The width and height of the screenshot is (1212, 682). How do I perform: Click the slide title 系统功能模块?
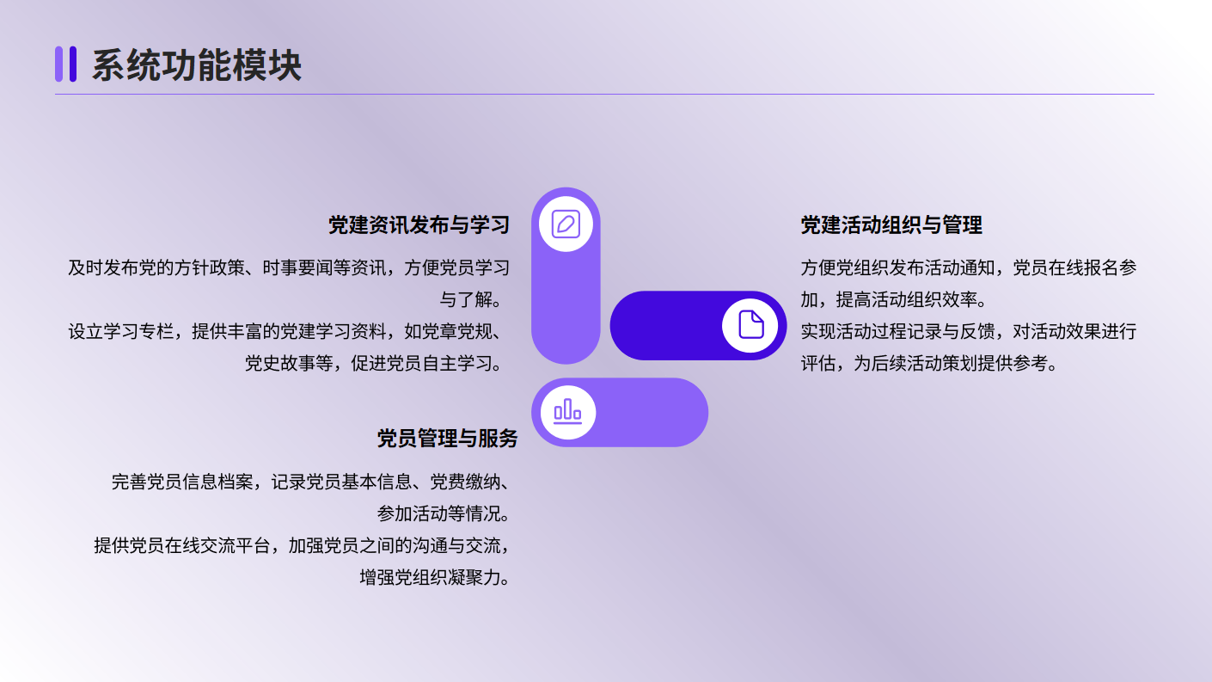point(196,65)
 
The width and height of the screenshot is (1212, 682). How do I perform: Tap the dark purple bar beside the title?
point(73,65)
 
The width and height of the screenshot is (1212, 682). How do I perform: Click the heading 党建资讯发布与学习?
point(419,225)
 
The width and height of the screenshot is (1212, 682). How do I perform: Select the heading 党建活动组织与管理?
point(891,225)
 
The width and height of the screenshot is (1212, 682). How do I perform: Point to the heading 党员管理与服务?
point(448,439)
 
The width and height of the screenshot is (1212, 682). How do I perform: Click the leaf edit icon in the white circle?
point(566,224)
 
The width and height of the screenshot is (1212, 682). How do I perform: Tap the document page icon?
point(751,325)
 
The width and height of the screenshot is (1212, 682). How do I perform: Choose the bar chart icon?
point(567,411)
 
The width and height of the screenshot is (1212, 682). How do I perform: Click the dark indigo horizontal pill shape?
point(698,325)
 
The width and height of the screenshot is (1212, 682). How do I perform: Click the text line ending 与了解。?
point(474,299)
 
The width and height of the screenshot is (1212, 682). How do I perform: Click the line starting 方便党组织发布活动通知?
point(969,268)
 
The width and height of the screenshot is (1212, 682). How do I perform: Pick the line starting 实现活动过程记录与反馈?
point(969,331)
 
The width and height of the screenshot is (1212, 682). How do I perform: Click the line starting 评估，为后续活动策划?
point(929,363)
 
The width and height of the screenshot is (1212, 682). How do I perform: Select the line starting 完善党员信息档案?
point(310,482)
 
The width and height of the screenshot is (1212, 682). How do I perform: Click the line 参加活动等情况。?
point(444,513)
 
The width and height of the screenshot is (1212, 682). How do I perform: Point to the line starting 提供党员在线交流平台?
point(302,545)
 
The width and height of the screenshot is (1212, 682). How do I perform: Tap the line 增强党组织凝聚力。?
point(434,578)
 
